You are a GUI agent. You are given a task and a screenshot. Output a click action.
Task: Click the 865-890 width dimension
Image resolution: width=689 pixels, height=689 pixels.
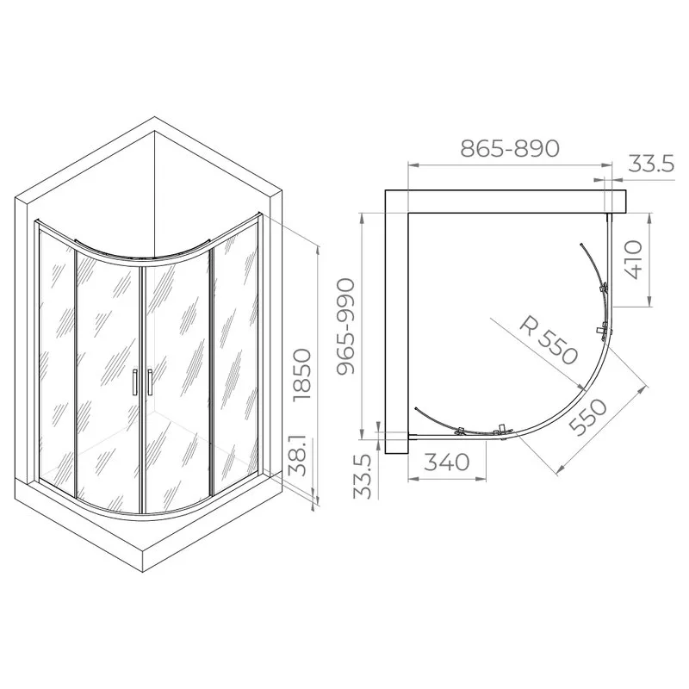pyautogui.click(x=510, y=148)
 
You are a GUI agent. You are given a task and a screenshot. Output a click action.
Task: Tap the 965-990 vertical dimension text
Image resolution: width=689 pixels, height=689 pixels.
pyautogui.click(x=346, y=326)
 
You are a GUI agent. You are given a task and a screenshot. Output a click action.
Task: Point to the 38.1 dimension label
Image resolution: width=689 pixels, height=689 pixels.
pyautogui.click(x=299, y=456)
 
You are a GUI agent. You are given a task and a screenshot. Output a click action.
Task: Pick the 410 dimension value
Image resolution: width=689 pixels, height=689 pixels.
pyautogui.click(x=633, y=259)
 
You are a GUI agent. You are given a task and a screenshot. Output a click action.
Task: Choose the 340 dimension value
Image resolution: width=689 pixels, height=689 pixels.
pyautogui.click(x=447, y=462)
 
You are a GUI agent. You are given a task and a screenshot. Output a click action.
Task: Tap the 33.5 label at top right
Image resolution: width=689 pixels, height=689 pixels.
pyautogui.click(x=651, y=164)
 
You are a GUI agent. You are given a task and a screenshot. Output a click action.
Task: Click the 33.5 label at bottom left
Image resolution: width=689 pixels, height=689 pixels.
pyautogui.click(x=363, y=477)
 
